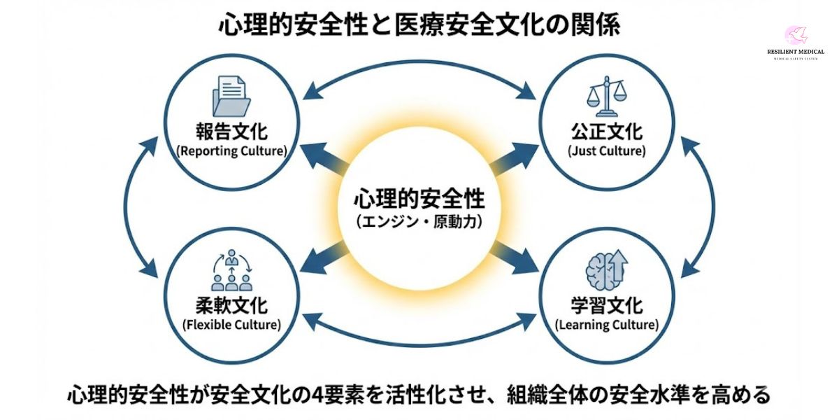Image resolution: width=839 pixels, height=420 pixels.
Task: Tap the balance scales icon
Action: [x=605, y=97]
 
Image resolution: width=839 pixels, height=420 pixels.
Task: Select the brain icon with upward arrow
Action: [x=605, y=272]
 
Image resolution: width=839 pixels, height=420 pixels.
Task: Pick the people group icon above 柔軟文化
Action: [x=231, y=272]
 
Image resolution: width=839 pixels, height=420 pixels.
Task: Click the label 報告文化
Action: [x=231, y=132]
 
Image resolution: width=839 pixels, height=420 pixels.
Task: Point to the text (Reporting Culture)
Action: [x=231, y=150]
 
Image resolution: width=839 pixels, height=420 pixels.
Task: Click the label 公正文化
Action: [x=606, y=132]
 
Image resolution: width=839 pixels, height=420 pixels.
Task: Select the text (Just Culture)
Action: [x=606, y=150]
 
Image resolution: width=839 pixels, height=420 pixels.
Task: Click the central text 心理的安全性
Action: [x=419, y=199]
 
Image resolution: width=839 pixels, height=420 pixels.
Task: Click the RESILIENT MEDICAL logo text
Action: [x=795, y=51]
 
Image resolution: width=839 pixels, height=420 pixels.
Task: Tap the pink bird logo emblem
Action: [x=796, y=34]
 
